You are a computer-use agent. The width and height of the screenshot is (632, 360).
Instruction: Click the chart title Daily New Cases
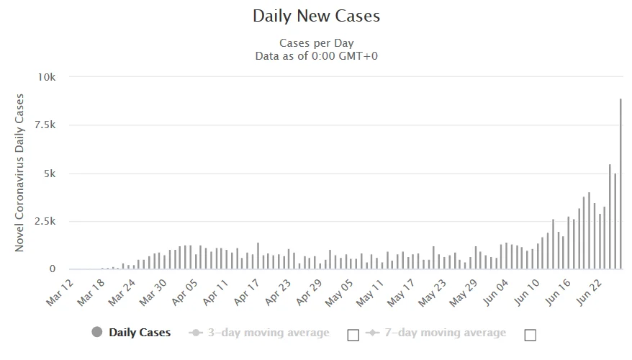coord(316,15)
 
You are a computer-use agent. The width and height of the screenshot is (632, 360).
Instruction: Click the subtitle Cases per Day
coord(316,42)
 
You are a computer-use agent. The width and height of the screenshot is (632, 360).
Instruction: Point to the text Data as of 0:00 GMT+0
coord(316,55)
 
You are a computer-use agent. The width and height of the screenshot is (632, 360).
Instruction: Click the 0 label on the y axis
coord(63,269)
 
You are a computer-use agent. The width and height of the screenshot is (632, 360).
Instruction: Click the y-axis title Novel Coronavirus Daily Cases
coord(20,173)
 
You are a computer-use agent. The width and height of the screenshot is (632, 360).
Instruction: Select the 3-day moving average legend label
coord(268,333)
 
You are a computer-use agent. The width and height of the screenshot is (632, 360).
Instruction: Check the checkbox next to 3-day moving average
coord(353,334)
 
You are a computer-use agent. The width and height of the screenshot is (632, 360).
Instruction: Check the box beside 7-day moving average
coord(531,334)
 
